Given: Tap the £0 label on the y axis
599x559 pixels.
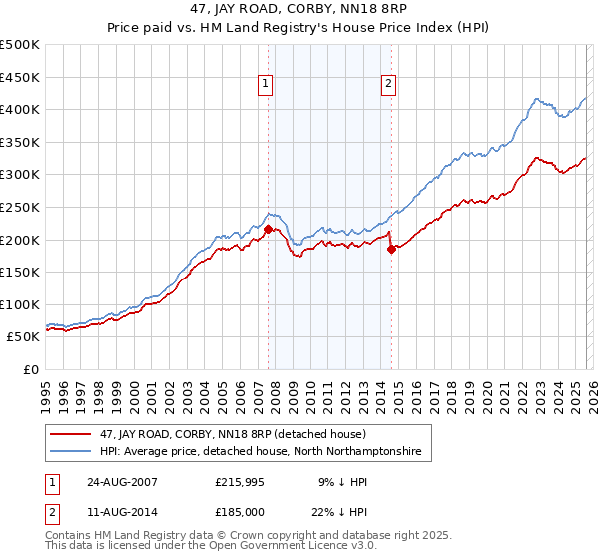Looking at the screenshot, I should (32, 369).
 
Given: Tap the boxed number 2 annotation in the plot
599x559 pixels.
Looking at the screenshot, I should (388, 84).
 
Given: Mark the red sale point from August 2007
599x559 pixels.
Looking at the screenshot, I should (268, 230).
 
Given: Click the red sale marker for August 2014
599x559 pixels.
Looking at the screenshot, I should (391, 250).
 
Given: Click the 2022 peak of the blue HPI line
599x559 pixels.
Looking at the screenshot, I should (537, 98).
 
